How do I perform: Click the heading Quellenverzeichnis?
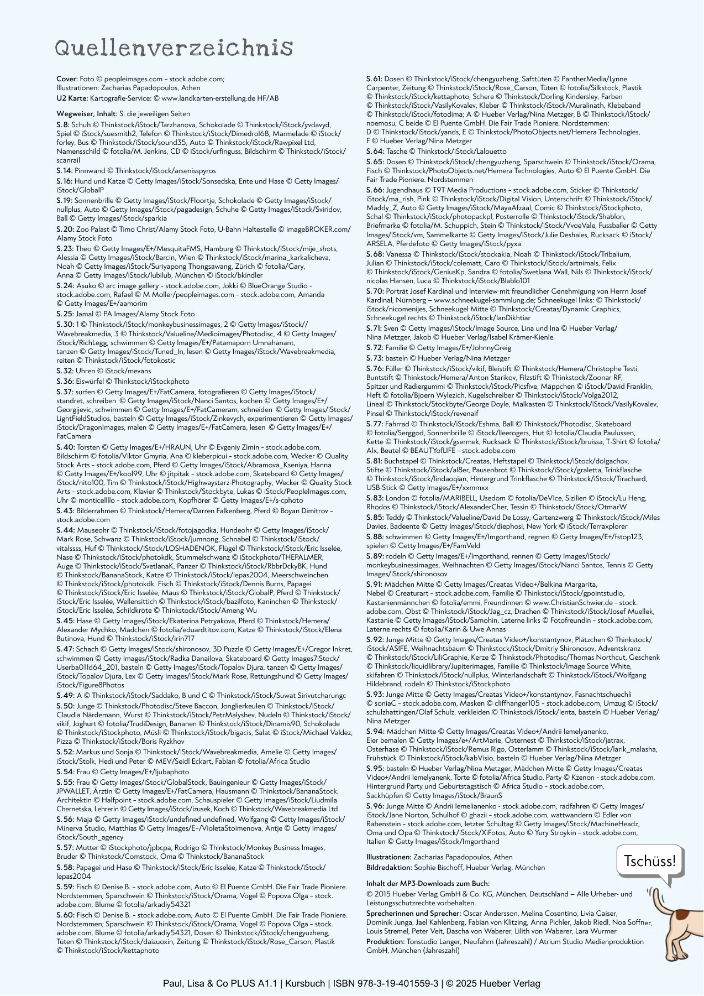(174, 49)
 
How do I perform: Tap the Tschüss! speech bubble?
(649, 861)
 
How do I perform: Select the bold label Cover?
(67, 79)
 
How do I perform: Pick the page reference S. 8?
(63, 125)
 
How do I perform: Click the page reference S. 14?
(65, 171)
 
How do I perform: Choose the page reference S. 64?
(375, 152)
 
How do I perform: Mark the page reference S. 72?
(375, 348)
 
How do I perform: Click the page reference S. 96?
(375, 806)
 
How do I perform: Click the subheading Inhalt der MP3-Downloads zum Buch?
(428, 884)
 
